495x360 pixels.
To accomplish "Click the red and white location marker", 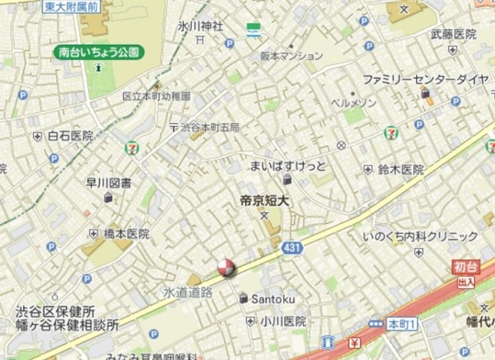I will click(x=226, y=268).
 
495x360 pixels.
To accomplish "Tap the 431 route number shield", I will click(x=292, y=247).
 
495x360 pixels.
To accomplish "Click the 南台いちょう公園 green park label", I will click(x=100, y=53).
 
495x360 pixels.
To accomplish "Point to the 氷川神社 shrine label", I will click(x=200, y=26).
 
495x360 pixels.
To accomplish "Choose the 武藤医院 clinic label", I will click(x=453, y=34).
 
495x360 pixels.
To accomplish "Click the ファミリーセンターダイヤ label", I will click(x=425, y=79).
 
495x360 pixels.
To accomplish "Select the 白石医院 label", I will click(x=70, y=135).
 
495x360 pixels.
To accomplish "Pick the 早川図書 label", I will click(x=108, y=183).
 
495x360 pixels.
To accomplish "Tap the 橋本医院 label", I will click(x=127, y=233).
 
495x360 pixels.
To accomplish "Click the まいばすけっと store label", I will click(x=287, y=166).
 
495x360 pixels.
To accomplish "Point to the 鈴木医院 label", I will click(x=401, y=169).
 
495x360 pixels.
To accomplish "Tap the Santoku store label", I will click(x=266, y=298).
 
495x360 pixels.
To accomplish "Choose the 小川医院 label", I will click(x=282, y=321).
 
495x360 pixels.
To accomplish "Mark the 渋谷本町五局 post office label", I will click(x=209, y=127).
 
